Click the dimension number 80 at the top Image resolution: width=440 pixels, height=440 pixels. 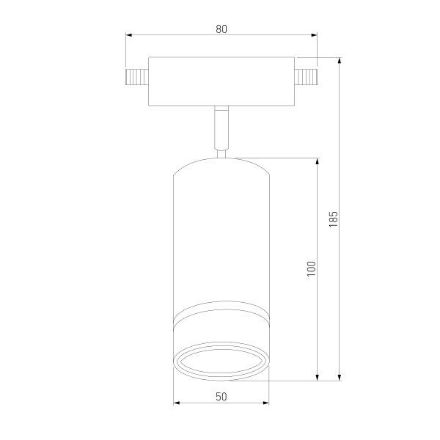click(x=221, y=29)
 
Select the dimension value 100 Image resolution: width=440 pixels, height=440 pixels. click(x=311, y=268)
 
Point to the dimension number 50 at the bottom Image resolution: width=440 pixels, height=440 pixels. click(x=221, y=397)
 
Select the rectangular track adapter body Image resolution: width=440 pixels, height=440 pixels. click(x=221, y=81)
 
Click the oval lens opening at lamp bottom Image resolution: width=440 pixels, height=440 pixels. click(x=221, y=362)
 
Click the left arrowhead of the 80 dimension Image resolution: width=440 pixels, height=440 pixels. click(x=130, y=35)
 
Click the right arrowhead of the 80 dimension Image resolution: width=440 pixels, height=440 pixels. click(x=314, y=35)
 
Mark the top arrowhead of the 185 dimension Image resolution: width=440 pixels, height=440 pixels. click(x=340, y=62)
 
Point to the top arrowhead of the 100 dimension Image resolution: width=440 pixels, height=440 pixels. click(x=317, y=161)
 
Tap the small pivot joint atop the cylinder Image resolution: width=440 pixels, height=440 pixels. click(x=221, y=154)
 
